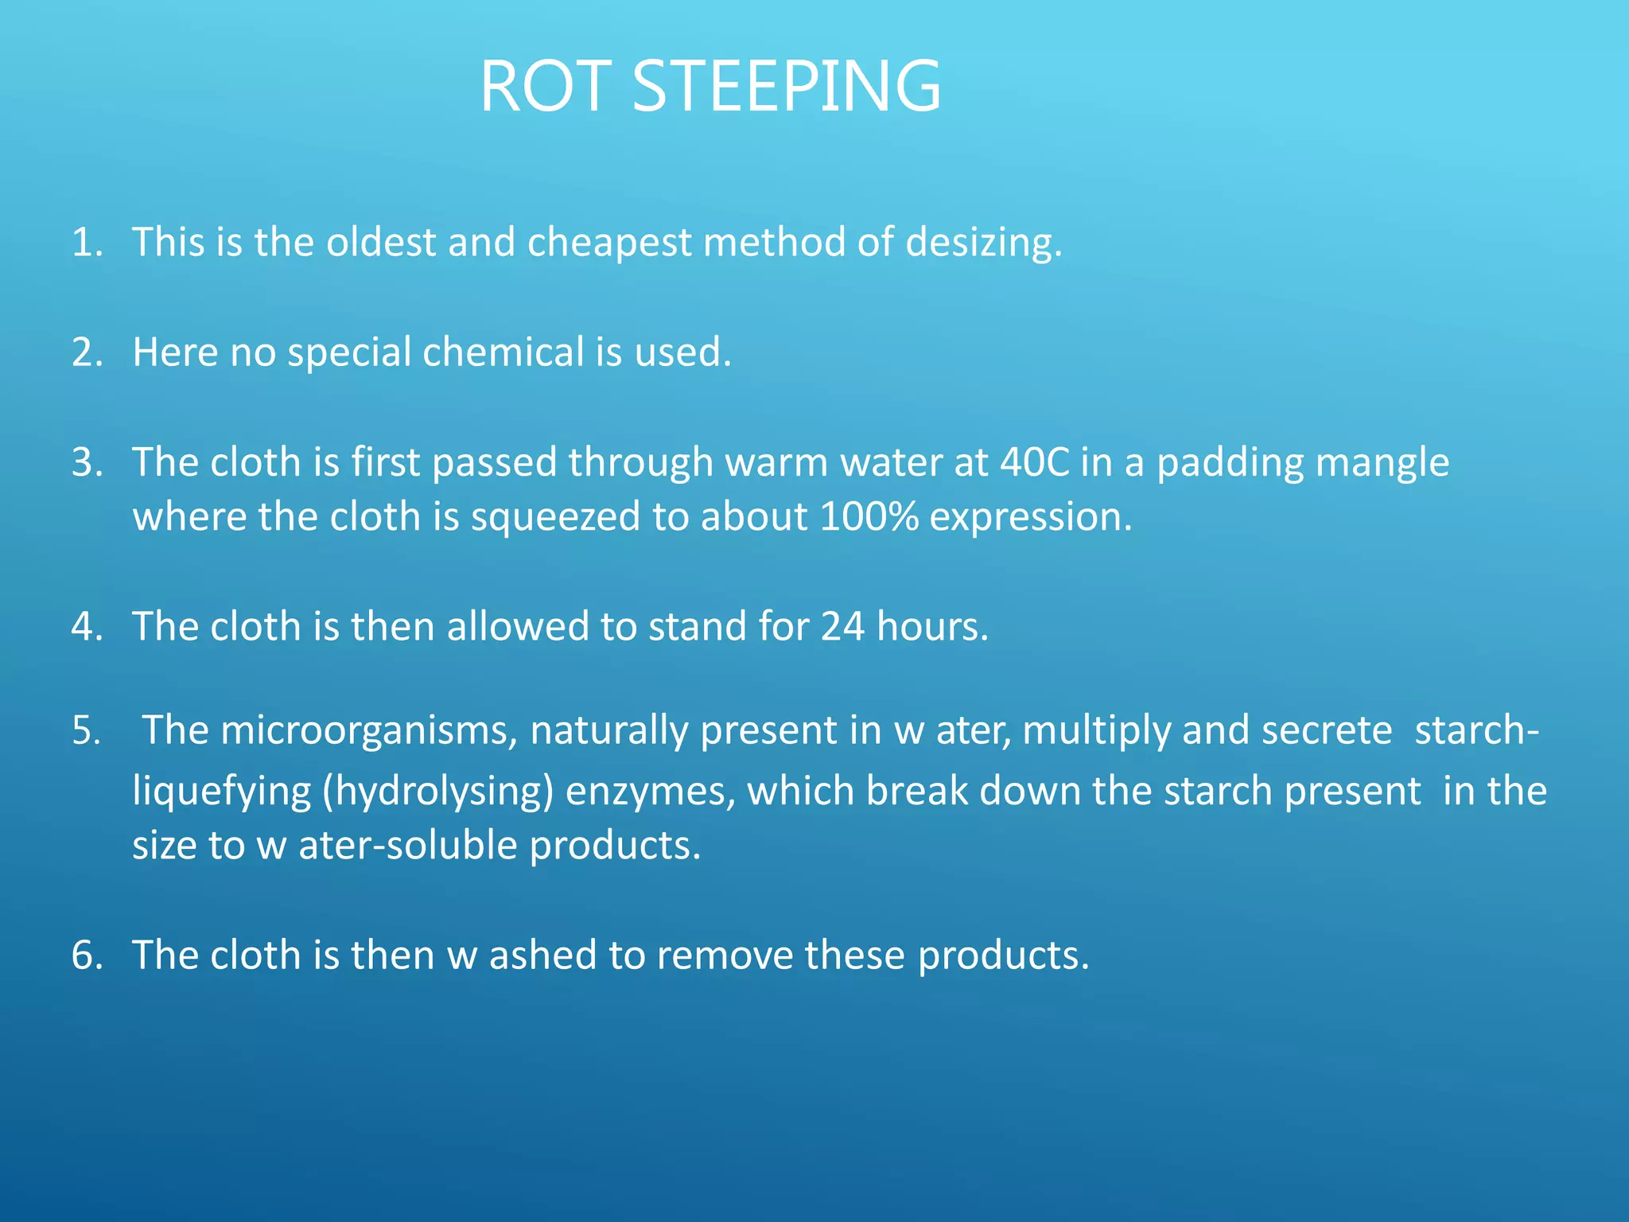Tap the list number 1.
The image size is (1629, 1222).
87,242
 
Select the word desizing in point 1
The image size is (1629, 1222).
983,242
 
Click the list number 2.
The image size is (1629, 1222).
87,352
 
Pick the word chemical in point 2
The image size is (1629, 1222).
503,352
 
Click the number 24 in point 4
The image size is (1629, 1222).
842,626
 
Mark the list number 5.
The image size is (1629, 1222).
86,730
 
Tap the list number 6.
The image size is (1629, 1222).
87,955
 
